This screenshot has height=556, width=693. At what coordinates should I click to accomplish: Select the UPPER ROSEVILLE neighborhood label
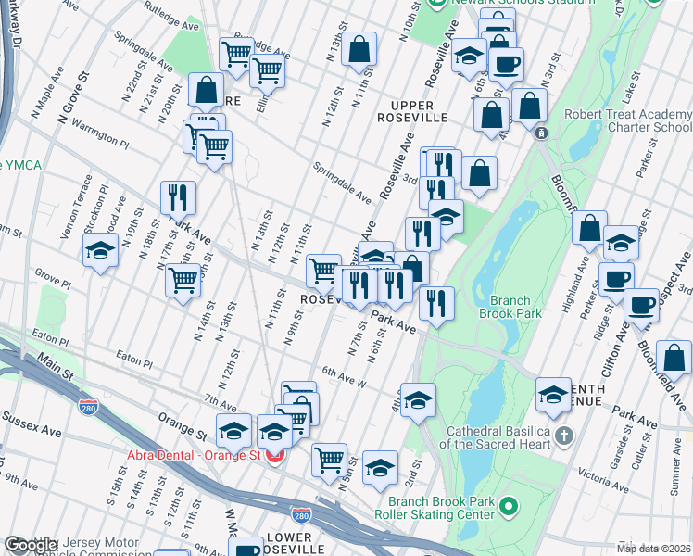412,109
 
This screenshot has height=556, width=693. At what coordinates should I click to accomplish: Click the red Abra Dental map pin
273,455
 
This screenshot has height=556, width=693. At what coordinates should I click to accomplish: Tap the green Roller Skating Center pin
507,505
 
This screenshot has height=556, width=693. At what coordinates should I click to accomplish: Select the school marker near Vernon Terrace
100,252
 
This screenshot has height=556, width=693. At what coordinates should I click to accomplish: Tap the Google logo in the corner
30,546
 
